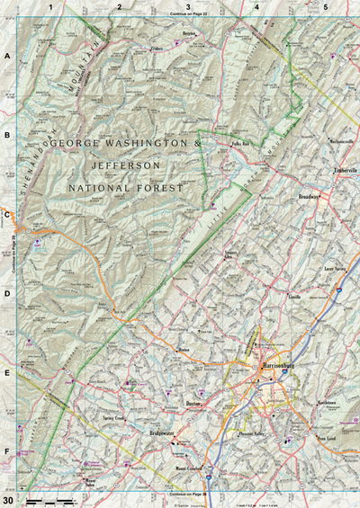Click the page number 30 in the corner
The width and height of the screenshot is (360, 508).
(8, 500)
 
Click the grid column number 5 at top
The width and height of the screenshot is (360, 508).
(325, 7)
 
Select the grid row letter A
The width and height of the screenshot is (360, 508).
(7, 56)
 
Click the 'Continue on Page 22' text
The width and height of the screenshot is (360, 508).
(188, 14)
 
